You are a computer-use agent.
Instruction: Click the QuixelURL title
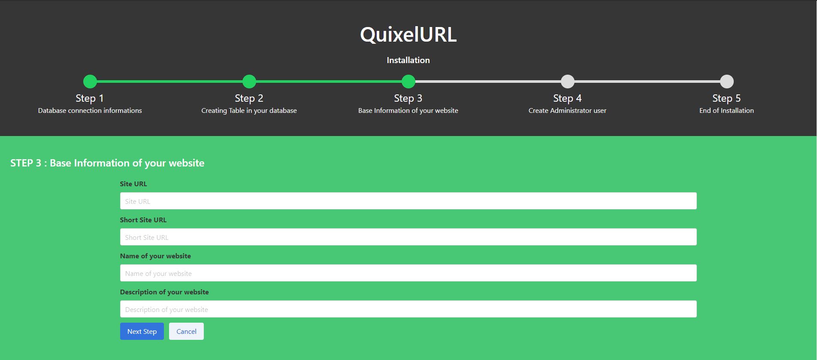408,34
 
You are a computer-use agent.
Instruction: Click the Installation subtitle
408,60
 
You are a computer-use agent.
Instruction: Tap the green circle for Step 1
90,82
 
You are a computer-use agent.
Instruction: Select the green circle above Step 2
249,82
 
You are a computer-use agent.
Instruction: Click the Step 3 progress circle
408,82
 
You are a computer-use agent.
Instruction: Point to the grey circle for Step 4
568,82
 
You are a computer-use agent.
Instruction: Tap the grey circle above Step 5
727,82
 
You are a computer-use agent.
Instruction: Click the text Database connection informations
90,111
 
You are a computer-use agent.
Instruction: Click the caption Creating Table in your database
249,111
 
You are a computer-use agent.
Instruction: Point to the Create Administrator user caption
567,111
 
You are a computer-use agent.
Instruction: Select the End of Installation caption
726,111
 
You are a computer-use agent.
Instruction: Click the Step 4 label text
567,98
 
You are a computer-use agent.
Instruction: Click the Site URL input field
408,201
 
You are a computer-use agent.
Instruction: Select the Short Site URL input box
408,237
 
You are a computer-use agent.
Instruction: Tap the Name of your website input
408,273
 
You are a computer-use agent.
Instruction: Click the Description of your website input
408,309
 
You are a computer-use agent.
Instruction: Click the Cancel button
186,331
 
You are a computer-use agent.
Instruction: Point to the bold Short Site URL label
143,220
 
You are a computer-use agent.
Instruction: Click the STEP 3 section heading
107,163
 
